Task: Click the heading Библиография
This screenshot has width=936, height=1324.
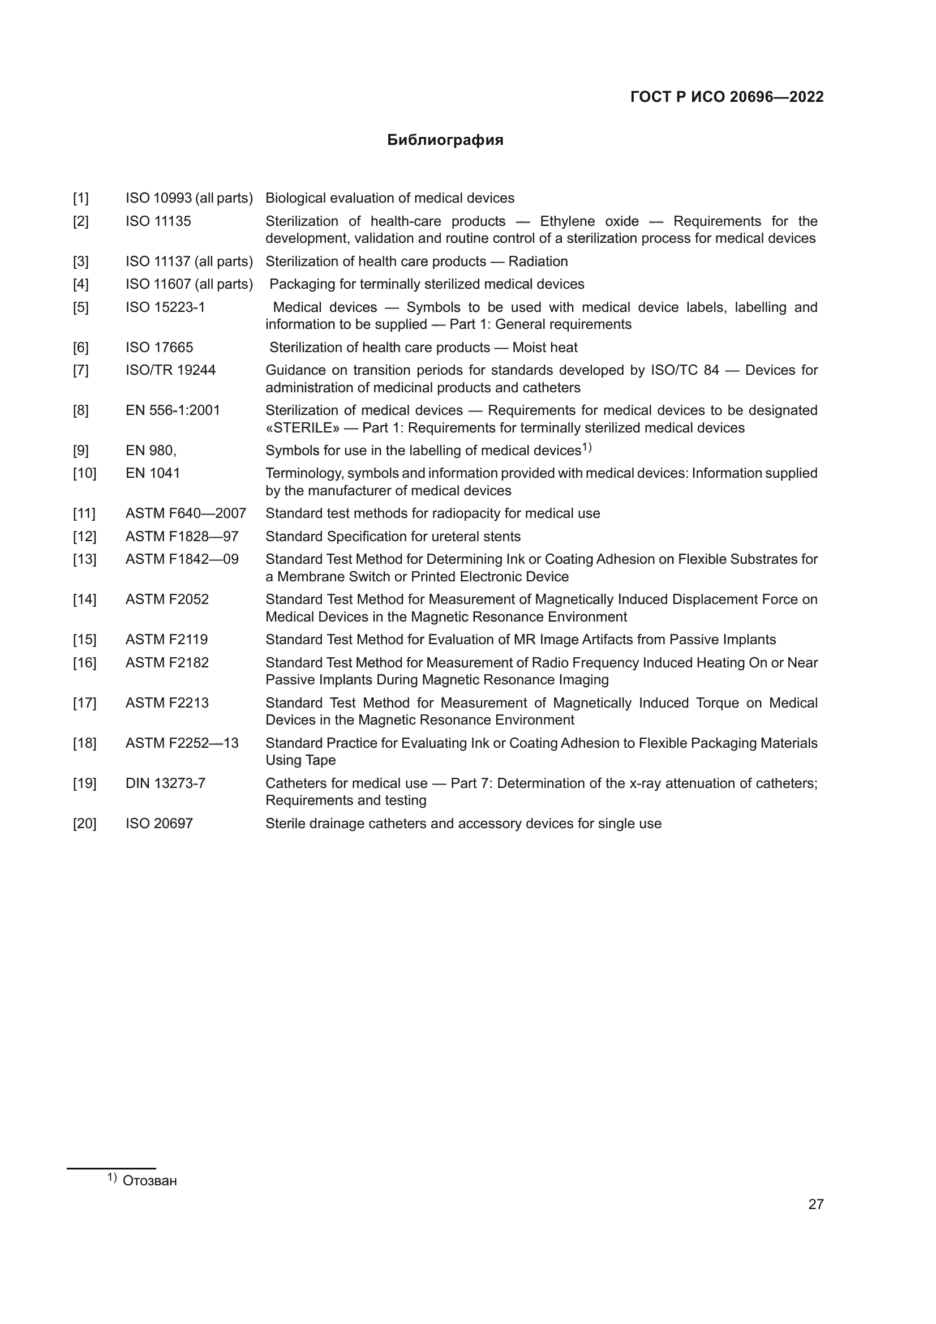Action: [445, 140]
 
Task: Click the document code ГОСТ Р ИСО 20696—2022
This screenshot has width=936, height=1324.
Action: [727, 97]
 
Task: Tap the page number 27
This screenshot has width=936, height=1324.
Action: [815, 1204]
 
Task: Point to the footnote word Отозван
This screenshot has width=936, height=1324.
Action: [150, 1180]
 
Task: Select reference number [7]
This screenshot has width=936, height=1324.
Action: [81, 370]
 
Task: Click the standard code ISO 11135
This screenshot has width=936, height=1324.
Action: [158, 221]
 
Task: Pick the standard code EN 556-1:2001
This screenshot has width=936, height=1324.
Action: [173, 410]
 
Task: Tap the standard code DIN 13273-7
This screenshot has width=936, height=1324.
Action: [165, 783]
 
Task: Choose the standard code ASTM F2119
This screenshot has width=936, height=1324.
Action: [166, 640]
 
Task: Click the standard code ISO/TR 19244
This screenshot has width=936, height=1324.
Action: [170, 370]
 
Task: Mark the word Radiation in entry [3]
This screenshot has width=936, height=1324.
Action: [538, 262]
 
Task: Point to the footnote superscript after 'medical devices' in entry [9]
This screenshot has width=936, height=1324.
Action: [587, 447]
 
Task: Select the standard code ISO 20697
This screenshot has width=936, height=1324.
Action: [159, 824]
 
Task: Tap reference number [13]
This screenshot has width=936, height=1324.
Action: [84, 559]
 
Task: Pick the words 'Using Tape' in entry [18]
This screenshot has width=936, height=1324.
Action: [300, 760]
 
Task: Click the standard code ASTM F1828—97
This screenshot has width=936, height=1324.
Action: [182, 537]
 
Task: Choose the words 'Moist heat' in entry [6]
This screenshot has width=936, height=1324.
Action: [544, 348]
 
